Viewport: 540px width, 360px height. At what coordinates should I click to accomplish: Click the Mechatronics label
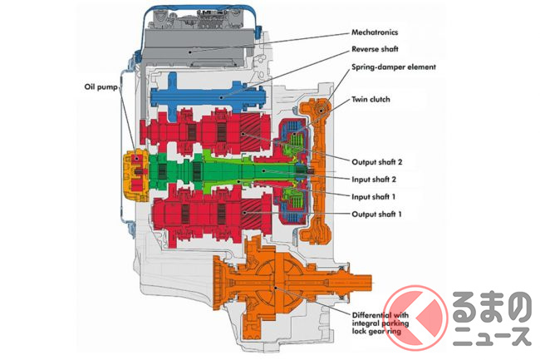pyautogui.click(x=376, y=33)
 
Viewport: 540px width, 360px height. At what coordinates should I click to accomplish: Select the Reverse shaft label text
pyautogui.click(x=375, y=49)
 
